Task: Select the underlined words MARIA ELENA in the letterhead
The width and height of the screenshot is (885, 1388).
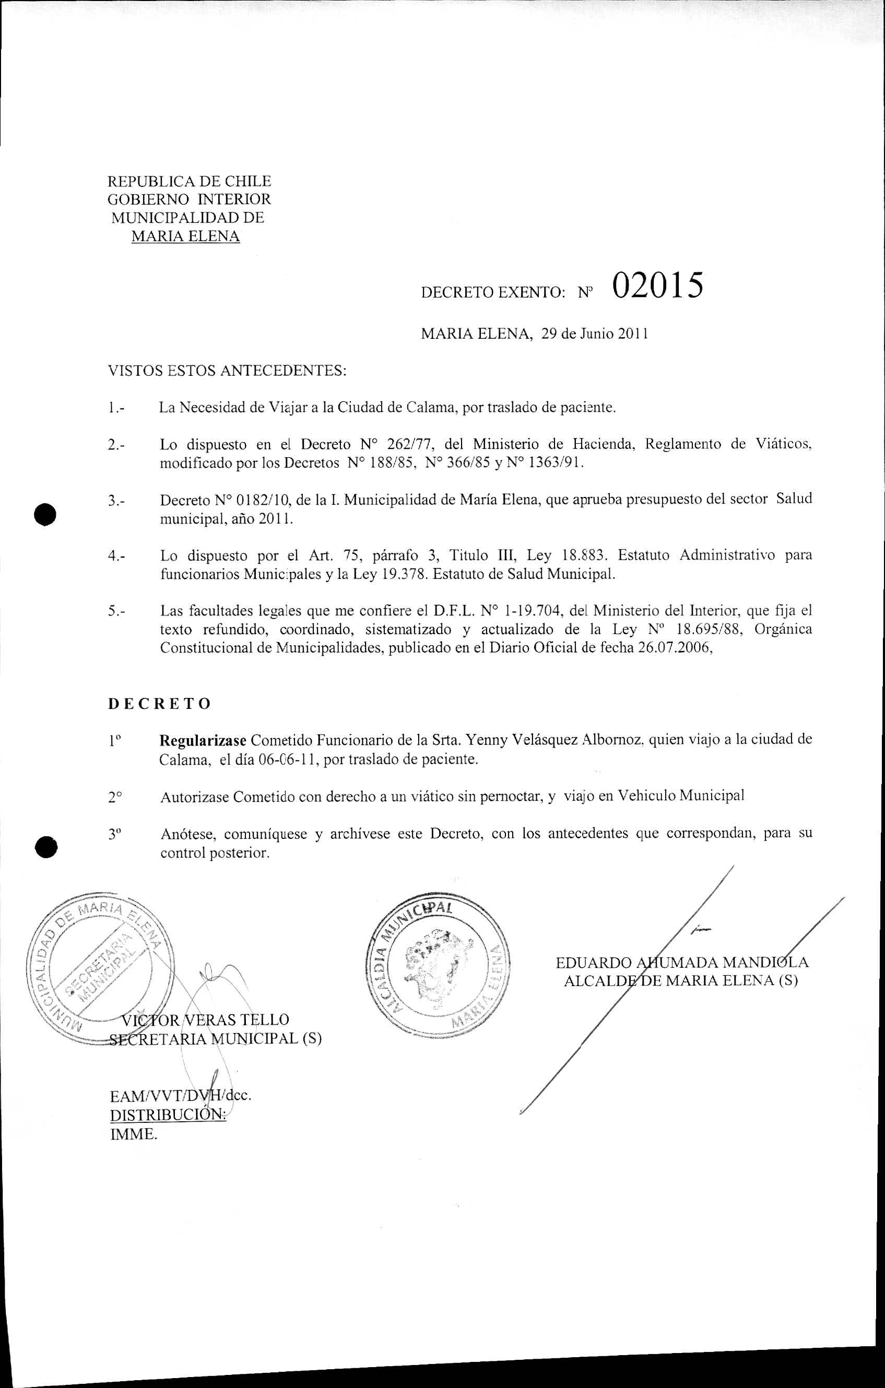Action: pyautogui.click(x=186, y=236)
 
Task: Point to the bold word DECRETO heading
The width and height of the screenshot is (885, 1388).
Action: pyautogui.click(x=160, y=704)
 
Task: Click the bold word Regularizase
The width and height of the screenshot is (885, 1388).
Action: pyautogui.click(x=203, y=740)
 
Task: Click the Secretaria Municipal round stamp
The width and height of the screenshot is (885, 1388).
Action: pyautogui.click(x=97, y=972)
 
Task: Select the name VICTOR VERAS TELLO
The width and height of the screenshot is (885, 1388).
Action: pyautogui.click(x=205, y=1019)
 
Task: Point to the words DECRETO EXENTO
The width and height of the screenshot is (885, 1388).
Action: pyautogui.click(x=492, y=293)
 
